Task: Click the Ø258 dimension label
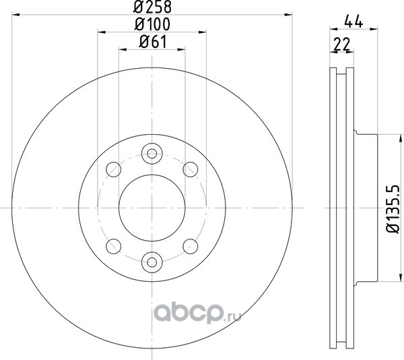point(153,7)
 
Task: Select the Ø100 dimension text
point(153,24)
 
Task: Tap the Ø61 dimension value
point(153,42)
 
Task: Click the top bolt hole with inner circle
point(152,154)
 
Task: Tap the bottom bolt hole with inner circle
point(152,262)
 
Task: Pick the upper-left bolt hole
point(114,169)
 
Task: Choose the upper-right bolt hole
point(191,169)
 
